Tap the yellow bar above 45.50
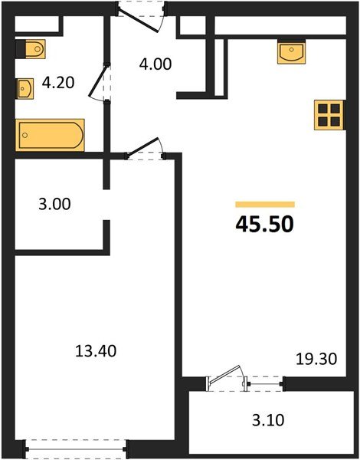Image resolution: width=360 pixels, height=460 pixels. pyautogui.click(x=264, y=205)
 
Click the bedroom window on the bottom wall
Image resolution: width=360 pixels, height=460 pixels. pyautogui.click(x=77, y=445)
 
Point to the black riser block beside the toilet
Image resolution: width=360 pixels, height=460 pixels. pyautogui.click(x=20, y=49)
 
